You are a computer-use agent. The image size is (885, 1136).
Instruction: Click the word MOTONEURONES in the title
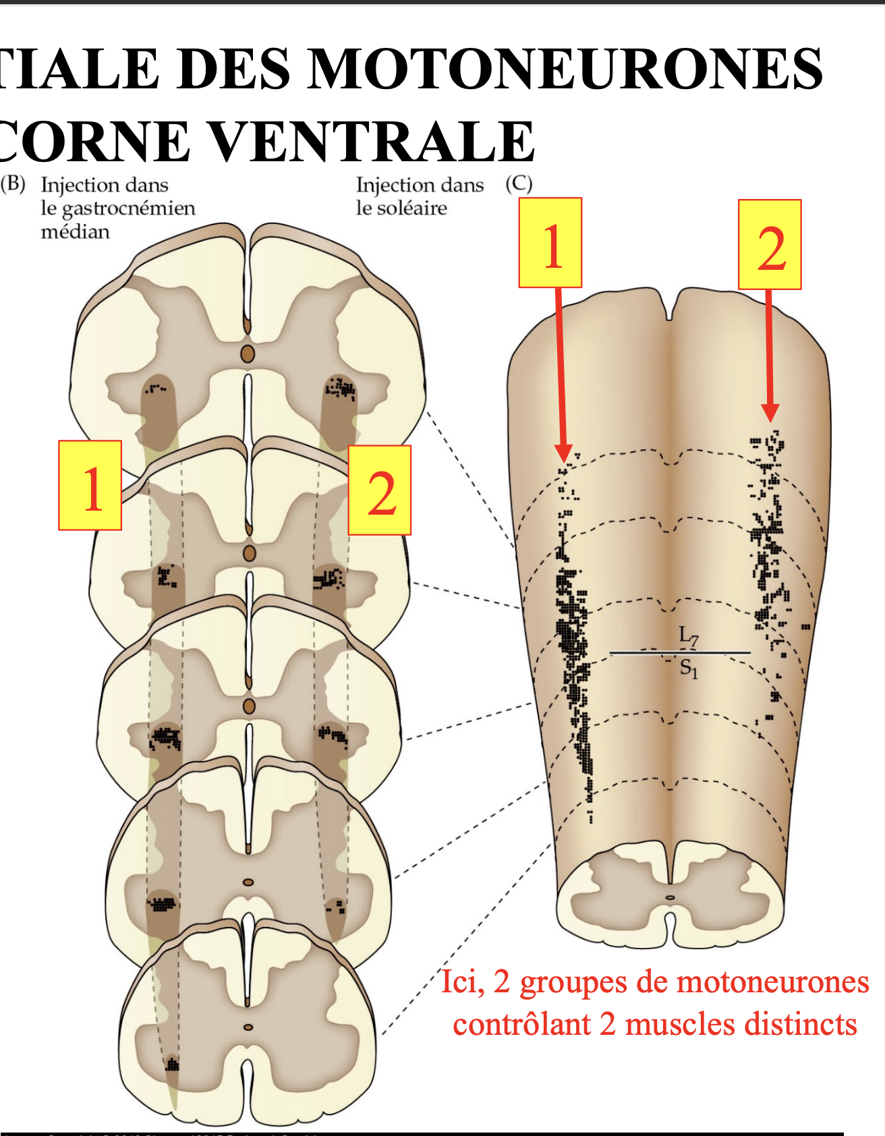pyautogui.click(x=565, y=69)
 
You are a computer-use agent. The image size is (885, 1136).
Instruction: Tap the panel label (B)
pyautogui.click(x=13, y=184)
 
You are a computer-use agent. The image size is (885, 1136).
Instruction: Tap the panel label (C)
pyautogui.click(x=519, y=184)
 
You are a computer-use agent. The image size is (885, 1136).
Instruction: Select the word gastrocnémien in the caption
pyautogui.click(x=128, y=208)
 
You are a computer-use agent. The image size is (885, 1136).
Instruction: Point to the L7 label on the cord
pyautogui.click(x=689, y=635)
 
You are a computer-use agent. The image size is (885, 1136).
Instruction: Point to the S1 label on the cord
pyautogui.click(x=689, y=669)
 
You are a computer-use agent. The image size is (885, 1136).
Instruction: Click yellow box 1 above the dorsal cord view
pyautogui.click(x=550, y=243)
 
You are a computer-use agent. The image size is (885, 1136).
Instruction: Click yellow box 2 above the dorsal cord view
pyautogui.click(x=770, y=244)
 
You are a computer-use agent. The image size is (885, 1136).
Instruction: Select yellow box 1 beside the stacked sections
pyautogui.click(x=90, y=486)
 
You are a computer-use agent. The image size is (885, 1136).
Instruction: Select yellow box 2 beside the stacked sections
pyautogui.click(x=379, y=490)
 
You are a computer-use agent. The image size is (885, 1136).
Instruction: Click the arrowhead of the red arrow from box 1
pyautogui.click(x=564, y=453)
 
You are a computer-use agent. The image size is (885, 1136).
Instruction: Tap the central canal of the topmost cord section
pyautogui.click(x=248, y=353)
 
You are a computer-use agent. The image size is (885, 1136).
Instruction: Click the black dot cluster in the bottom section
pyautogui.click(x=173, y=1065)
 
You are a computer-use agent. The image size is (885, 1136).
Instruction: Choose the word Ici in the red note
pyautogui.click(x=462, y=982)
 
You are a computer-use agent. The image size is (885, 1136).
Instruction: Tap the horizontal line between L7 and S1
pyautogui.click(x=680, y=652)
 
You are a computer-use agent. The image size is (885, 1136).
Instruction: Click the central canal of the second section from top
pyautogui.click(x=250, y=554)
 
